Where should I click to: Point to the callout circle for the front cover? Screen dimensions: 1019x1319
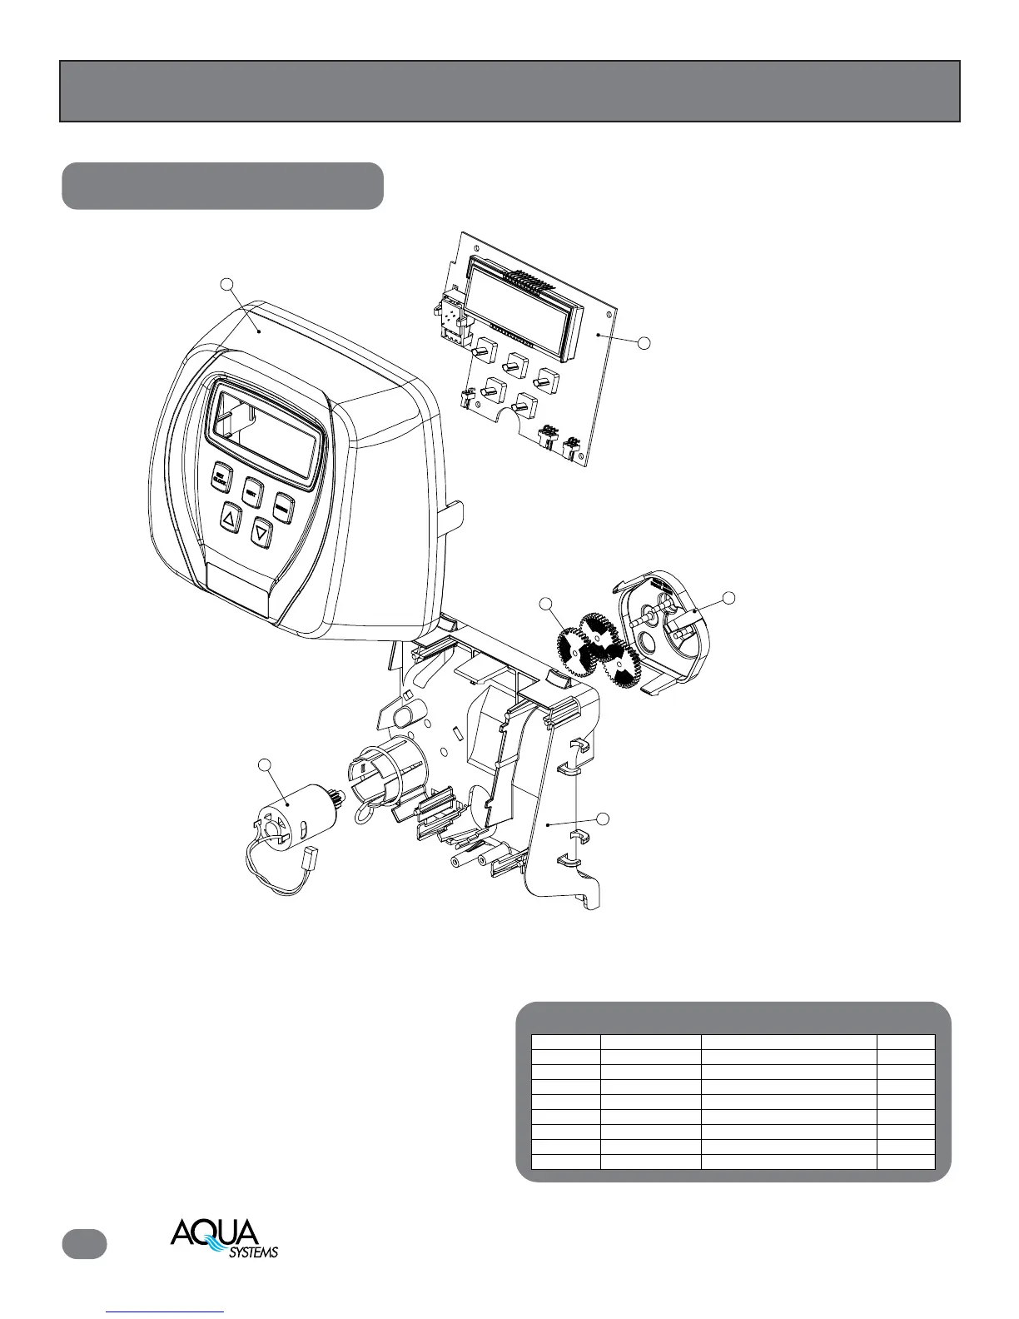pyautogui.click(x=226, y=285)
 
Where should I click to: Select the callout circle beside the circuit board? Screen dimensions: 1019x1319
pyautogui.click(x=643, y=341)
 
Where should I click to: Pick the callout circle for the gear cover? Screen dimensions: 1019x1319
pyautogui.click(x=728, y=597)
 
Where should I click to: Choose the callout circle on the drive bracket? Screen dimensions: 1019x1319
pyautogui.click(x=604, y=819)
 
